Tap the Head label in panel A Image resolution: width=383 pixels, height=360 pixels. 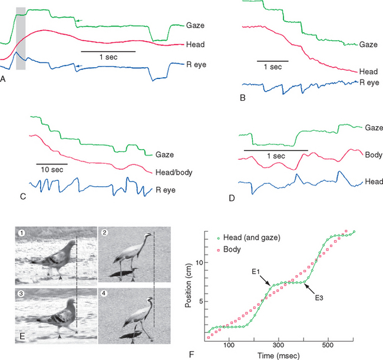pyautogui.click(x=195, y=44)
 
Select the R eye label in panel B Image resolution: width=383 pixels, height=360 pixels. pyautogui.click(x=369, y=82)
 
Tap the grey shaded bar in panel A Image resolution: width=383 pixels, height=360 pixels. pyautogui.click(x=21, y=38)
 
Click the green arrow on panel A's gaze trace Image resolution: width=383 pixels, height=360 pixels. pyautogui.click(x=80, y=21)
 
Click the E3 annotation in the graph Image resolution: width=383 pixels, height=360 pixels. pyautogui.click(x=318, y=299)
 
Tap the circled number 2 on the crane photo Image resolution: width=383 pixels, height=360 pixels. pyautogui.click(x=104, y=232)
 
